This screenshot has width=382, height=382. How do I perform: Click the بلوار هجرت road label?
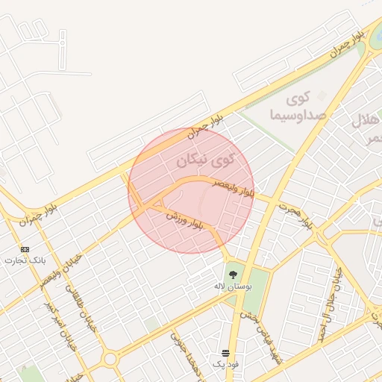point(295,213)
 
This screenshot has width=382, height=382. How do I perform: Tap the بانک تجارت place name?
point(25,260)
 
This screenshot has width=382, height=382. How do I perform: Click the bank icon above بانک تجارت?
point(25,248)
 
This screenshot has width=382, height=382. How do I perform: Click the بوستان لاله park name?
point(233,286)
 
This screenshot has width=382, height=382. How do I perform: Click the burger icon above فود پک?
point(225,353)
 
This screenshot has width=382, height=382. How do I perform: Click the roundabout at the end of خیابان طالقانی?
point(110,360)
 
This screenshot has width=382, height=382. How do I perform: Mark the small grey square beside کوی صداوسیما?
point(322,95)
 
